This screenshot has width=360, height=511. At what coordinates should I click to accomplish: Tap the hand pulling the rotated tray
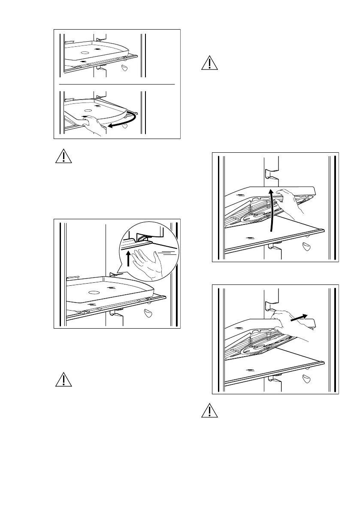click(x=93, y=128)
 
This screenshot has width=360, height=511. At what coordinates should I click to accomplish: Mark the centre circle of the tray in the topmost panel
click(x=85, y=52)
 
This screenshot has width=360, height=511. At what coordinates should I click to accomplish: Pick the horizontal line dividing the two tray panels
click(x=116, y=85)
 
